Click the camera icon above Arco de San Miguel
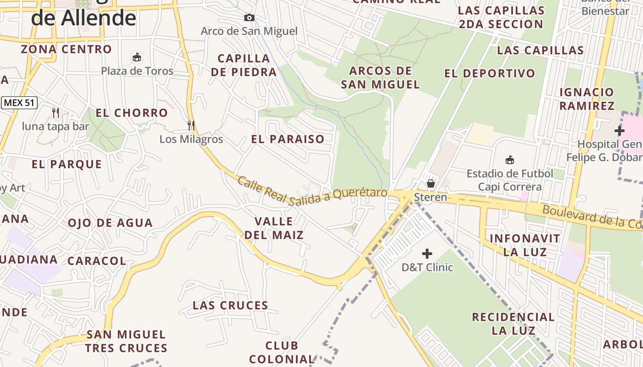249,18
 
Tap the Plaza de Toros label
137,71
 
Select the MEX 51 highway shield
19,103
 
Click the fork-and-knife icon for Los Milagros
191,125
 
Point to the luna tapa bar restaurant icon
56,112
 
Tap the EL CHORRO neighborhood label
131,113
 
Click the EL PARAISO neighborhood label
288,139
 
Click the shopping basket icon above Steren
431,184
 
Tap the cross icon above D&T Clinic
427,254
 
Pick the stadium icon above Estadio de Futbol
510,160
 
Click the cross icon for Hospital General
620,131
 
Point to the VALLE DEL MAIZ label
274,228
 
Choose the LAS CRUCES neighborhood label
231,306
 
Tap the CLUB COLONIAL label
282,352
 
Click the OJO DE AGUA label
110,223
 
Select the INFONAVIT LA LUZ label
525,245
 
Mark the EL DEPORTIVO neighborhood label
490,73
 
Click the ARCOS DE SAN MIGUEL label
380,78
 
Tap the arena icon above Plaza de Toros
136,57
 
